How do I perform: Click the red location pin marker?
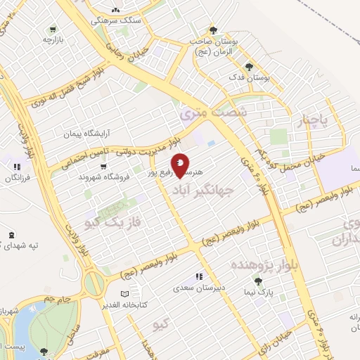tap(181, 166)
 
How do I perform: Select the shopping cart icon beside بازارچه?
tap(52, 30)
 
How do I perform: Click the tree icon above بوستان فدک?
tap(247, 67)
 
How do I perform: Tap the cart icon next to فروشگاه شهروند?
tap(103, 167)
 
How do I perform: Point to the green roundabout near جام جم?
tap(94, 284)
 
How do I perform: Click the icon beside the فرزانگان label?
tap(15, 167)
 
